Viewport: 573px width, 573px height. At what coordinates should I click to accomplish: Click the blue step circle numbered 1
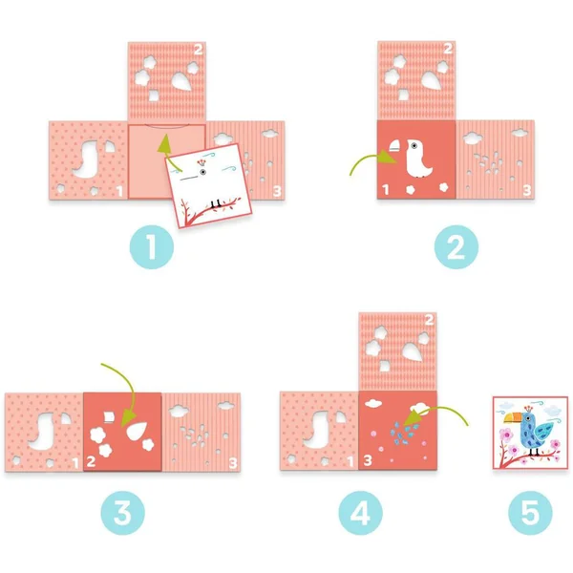152,247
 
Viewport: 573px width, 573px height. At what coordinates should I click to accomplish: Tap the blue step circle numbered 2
456,247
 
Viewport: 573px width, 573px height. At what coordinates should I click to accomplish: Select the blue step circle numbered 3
123,513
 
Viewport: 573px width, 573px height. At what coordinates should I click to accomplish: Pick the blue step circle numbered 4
361,513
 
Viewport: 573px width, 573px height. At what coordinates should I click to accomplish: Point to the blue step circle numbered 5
530,513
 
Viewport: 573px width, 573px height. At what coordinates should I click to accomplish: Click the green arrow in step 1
166,154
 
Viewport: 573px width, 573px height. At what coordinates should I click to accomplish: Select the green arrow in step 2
369,158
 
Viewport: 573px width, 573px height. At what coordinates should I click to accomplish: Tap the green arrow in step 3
129,388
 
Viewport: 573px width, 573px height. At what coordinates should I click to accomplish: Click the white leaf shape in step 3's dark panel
137,431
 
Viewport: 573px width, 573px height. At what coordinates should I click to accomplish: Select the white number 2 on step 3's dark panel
91,461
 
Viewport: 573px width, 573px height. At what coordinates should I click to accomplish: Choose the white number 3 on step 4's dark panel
368,460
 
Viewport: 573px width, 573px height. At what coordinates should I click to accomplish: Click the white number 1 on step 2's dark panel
386,190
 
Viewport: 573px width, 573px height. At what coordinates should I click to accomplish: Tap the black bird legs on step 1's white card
216,203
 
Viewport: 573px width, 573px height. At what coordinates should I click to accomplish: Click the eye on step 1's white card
202,172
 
